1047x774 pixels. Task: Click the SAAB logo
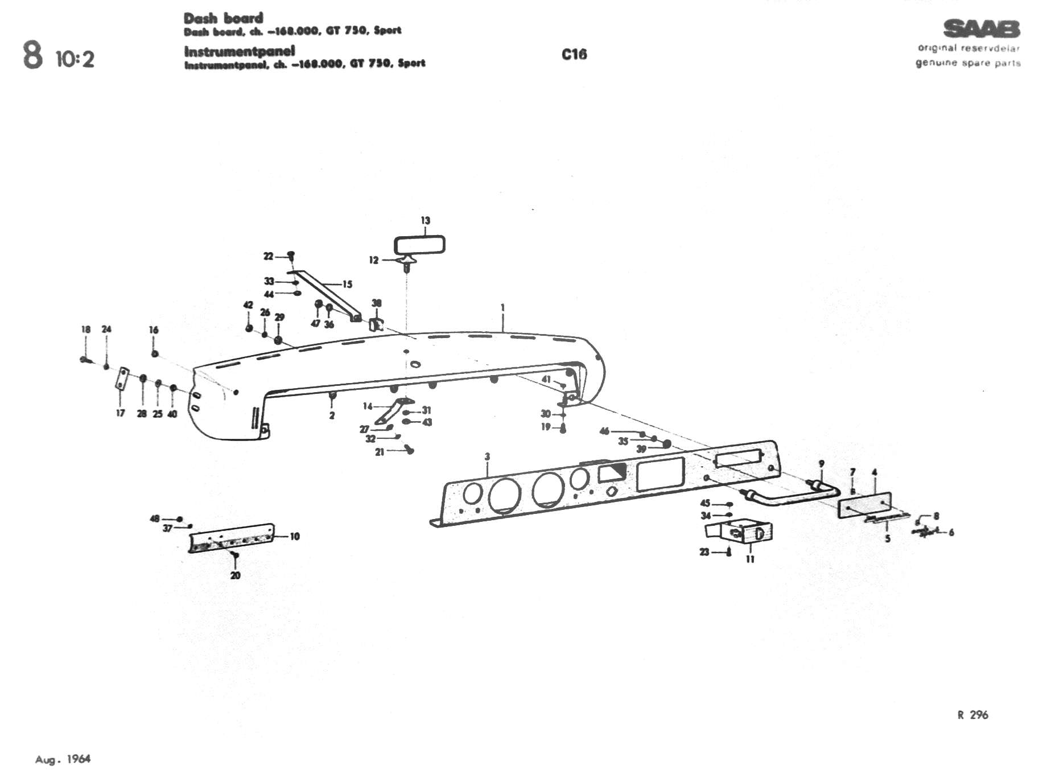point(982,28)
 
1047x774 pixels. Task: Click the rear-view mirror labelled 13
point(419,245)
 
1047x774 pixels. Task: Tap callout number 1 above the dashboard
point(502,307)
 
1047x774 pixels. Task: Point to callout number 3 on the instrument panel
point(487,456)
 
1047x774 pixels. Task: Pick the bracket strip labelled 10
point(231,538)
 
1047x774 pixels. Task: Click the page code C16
point(574,54)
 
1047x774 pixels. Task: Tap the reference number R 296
point(972,715)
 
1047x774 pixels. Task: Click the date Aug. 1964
point(63,759)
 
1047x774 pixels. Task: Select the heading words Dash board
point(223,18)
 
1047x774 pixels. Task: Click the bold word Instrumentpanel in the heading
point(240,51)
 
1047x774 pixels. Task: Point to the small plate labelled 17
point(121,378)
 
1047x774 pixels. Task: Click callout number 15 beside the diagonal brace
point(347,284)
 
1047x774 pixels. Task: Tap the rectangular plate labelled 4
point(865,505)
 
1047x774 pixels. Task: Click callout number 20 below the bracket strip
point(236,575)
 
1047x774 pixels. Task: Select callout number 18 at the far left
point(86,330)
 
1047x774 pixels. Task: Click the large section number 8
point(32,56)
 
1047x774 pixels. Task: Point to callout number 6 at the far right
point(951,533)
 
